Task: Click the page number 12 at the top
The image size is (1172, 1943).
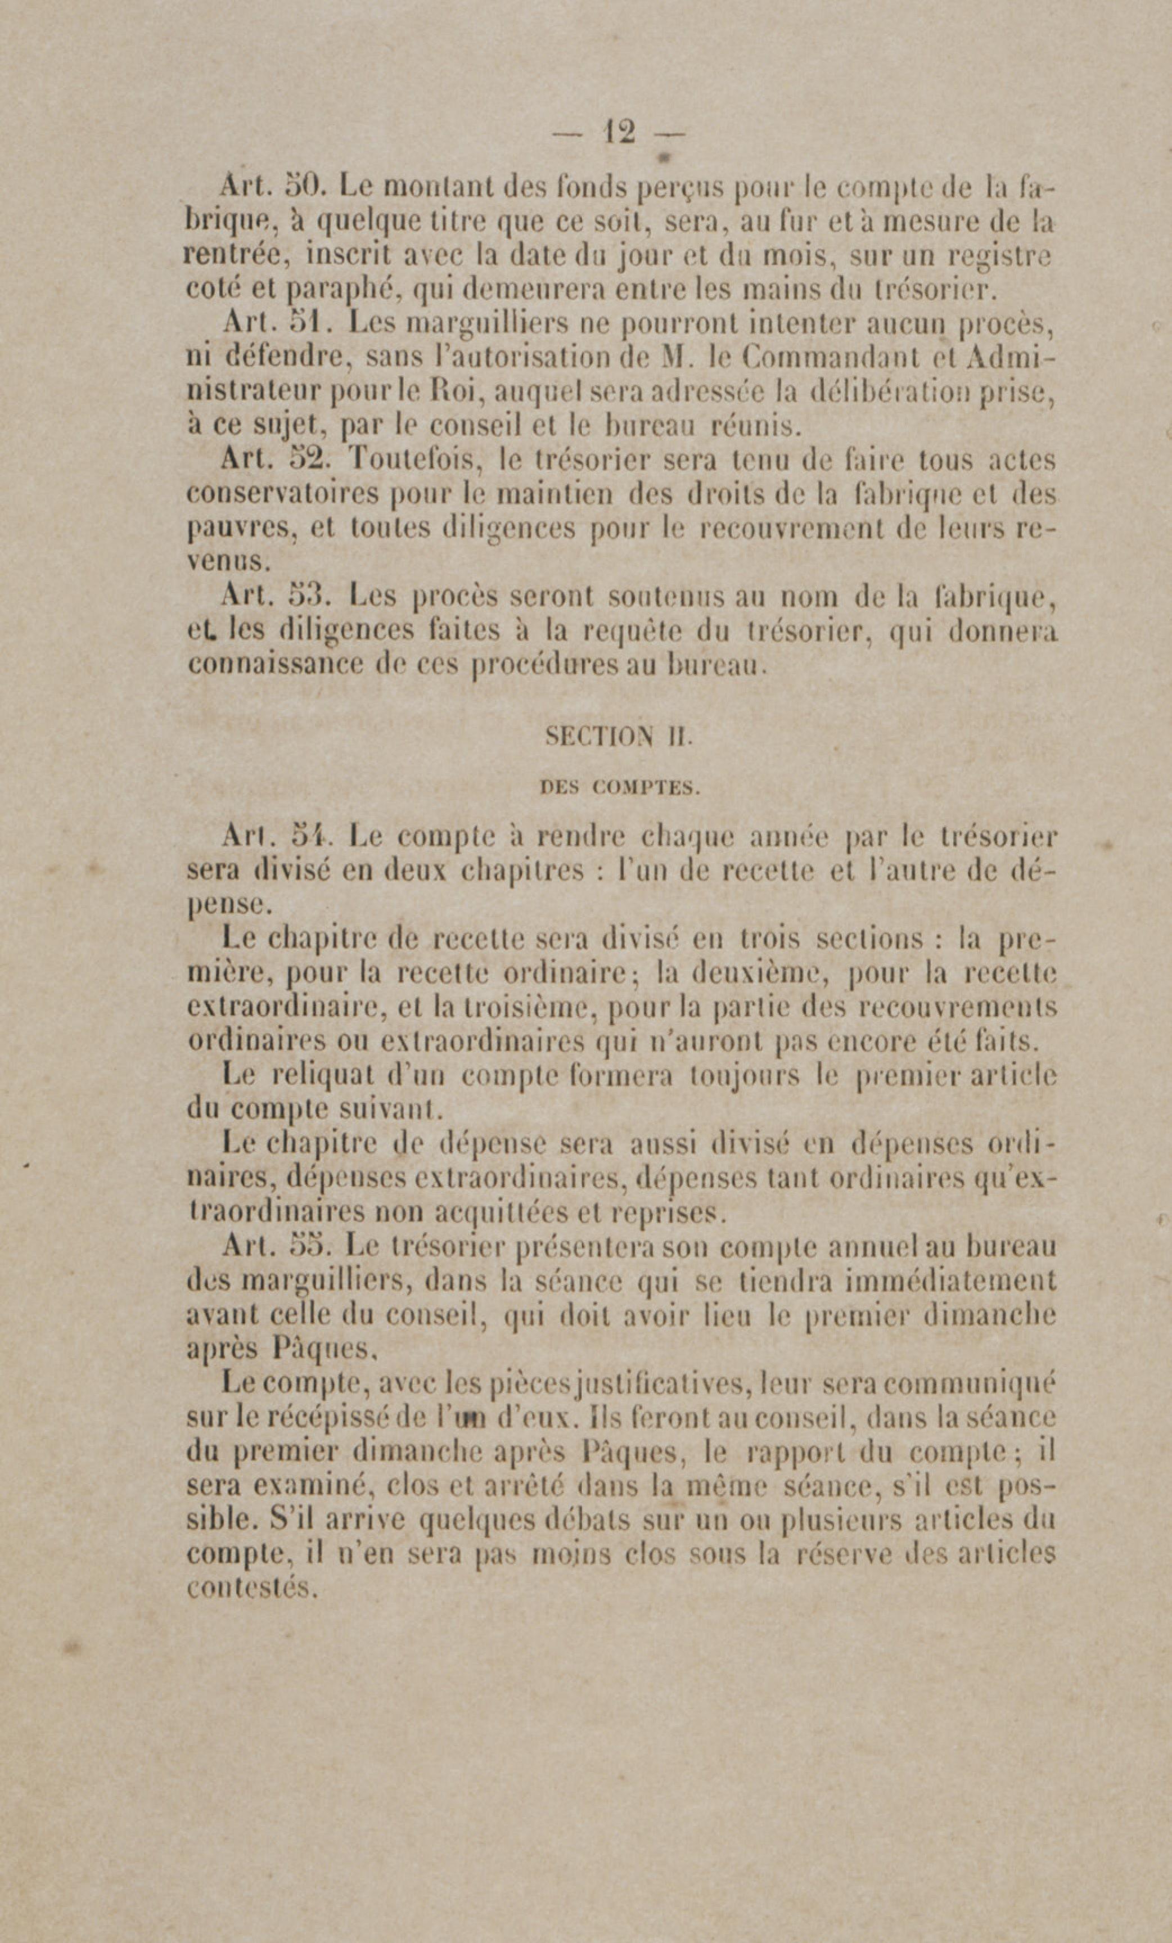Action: tap(618, 132)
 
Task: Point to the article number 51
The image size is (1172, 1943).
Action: tap(303, 322)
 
